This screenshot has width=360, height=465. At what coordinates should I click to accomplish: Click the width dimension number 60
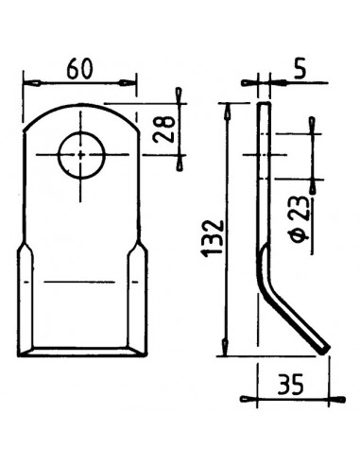click(80, 69)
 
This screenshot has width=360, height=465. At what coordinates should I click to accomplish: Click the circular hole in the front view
click(82, 154)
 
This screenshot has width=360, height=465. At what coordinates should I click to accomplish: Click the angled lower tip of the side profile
click(324, 351)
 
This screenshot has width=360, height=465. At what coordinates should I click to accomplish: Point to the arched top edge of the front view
click(82, 105)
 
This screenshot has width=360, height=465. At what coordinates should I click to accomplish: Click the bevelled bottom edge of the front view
click(82, 352)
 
